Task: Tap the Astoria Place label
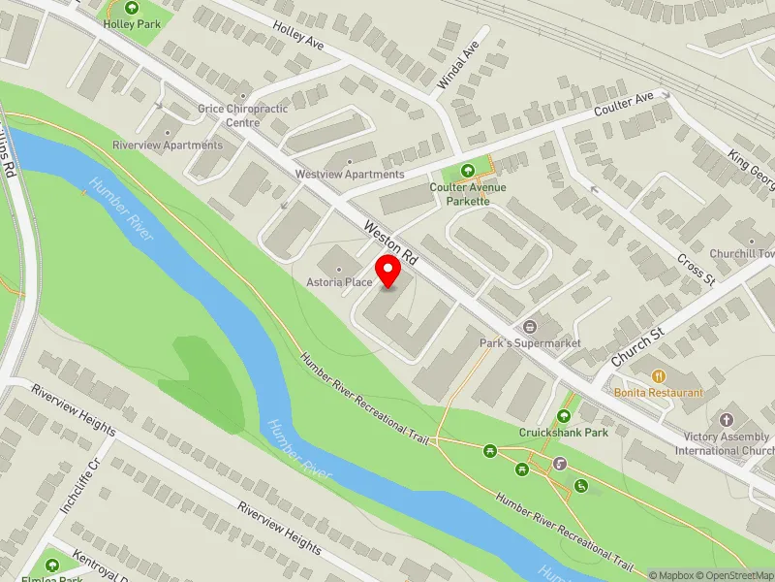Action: [340, 281]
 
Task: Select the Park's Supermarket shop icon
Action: [530, 327]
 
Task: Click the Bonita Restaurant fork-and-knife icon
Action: [659, 376]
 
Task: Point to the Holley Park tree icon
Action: [133, 9]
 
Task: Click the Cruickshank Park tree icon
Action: [564, 416]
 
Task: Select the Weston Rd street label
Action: [390, 243]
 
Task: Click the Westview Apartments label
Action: [350, 175]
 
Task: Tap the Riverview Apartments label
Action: [168, 145]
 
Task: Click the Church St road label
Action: [635, 346]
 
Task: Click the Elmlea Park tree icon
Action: [50, 565]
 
